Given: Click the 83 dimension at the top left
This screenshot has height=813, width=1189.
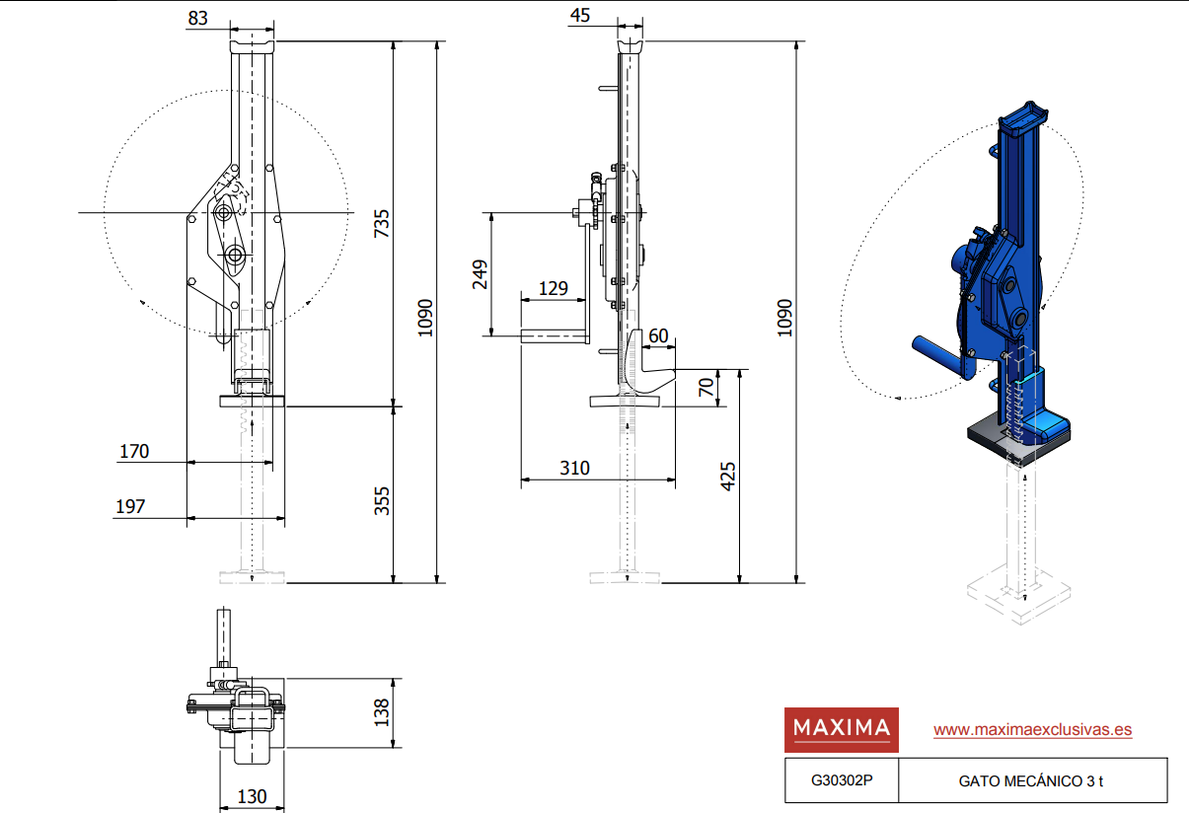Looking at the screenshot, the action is coord(197,18).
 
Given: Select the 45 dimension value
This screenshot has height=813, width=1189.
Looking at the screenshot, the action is coord(579,16).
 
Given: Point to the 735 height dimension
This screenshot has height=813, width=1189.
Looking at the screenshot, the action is coord(382,223).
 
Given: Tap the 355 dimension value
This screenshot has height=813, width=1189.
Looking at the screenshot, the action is coord(382,501).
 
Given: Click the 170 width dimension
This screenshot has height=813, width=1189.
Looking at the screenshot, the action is coord(134,452).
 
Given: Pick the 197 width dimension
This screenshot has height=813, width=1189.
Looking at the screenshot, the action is coord(130,507).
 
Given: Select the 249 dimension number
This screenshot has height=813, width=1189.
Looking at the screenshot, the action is coord(480,274).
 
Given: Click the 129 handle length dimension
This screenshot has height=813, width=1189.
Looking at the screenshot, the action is coord(554,288).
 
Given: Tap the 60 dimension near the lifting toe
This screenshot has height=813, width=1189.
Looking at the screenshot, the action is coord(658,335).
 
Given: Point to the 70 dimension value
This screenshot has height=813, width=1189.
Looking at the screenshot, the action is coord(706,388).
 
